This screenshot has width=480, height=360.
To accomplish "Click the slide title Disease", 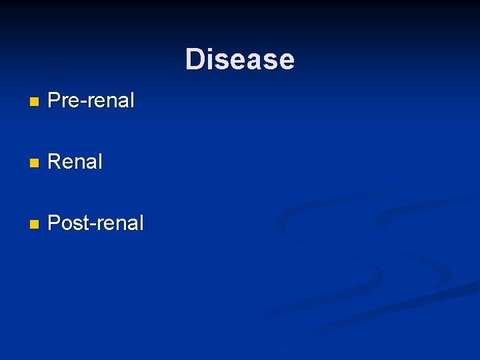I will [239, 59].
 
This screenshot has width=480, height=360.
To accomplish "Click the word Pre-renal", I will [91, 101].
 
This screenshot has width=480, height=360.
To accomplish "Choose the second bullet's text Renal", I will [75, 162].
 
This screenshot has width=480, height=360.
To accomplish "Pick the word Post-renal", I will [96, 223].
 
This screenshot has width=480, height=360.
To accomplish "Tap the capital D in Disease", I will [194, 59].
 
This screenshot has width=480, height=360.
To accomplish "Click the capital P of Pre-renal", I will [55, 101].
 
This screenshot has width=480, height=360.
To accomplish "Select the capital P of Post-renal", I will [55, 223].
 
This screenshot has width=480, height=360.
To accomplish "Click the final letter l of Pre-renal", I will [132, 101].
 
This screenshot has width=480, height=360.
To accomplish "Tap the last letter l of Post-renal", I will [141, 223].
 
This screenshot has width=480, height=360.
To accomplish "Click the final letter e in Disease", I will [287, 61].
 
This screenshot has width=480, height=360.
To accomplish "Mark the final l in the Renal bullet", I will [101, 162].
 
